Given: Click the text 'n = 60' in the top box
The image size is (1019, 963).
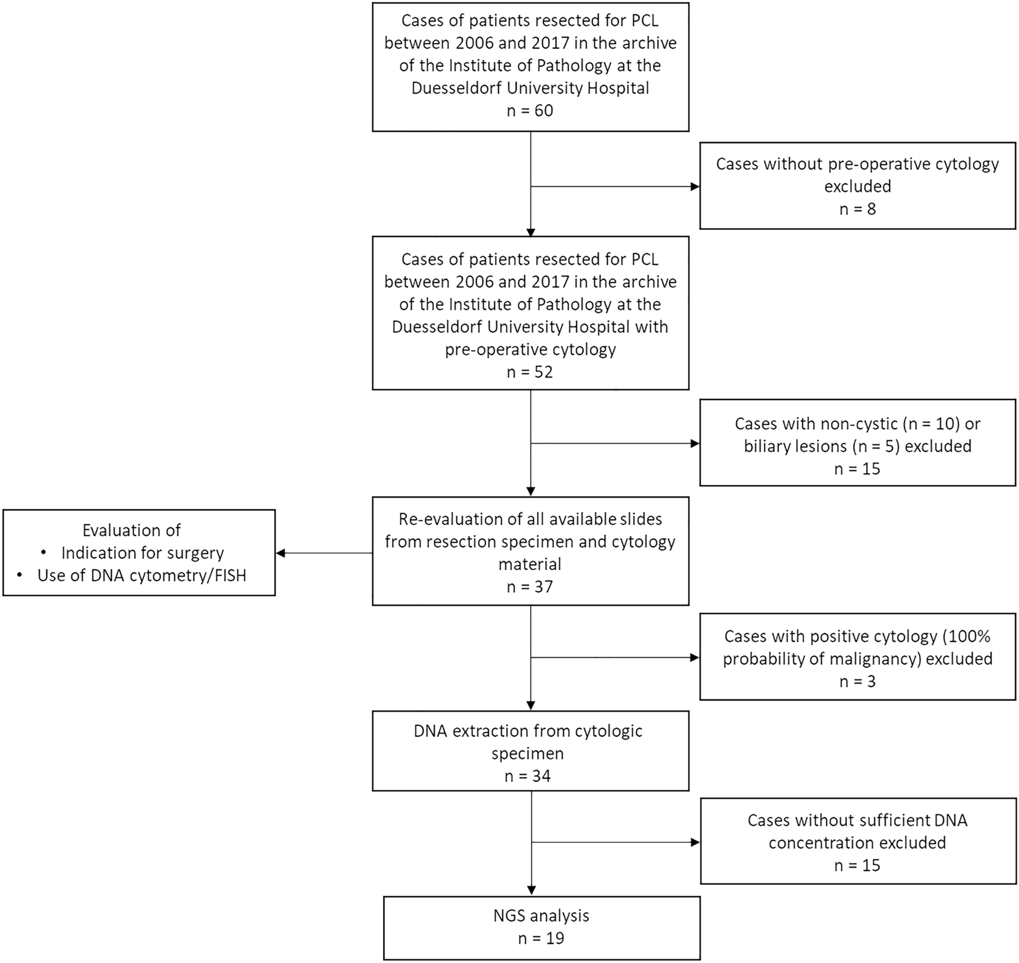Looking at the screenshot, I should pyautogui.click(x=530, y=111).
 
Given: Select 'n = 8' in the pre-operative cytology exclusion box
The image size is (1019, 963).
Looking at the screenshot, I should pyautogui.click(x=857, y=209).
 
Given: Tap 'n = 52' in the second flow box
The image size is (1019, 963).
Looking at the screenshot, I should pyautogui.click(x=530, y=372).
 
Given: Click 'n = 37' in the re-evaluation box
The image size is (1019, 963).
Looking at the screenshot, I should pyautogui.click(x=530, y=587).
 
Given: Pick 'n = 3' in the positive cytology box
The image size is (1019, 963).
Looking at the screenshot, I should pyautogui.click(x=857, y=682).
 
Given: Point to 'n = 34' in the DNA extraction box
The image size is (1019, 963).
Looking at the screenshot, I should pyautogui.click(x=527, y=776).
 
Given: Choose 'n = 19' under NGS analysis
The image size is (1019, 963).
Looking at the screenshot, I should pyautogui.click(x=541, y=938).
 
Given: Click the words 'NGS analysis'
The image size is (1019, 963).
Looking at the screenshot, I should pyautogui.click(x=541, y=915).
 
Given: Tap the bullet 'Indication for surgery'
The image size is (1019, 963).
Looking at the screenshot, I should pyautogui.click(x=142, y=553).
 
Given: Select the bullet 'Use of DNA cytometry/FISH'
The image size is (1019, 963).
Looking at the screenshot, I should pyautogui.click(x=142, y=575).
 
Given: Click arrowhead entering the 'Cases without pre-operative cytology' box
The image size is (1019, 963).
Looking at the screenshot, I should pyautogui.click(x=695, y=186).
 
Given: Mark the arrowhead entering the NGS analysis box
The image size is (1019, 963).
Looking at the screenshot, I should pyautogui.click(x=531, y=890).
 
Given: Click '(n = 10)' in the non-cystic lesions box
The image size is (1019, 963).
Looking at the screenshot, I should pyautogui.click(x=931, y=424).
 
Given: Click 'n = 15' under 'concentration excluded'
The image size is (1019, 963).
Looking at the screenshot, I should pyautogui.click(x=857, y=865).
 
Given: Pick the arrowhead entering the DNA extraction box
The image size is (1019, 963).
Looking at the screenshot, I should pyautogui.click(x=531, y=705).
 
